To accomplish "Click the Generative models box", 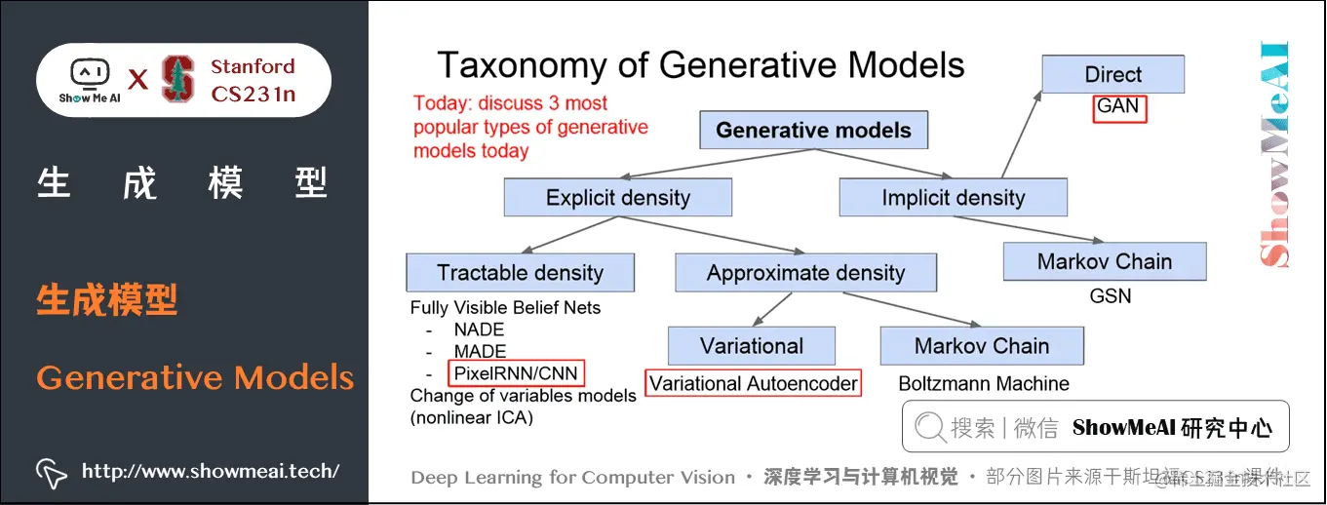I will tap(813, 131).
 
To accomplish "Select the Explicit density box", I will tap(617, 198).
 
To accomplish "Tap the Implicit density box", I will tap(953, 198).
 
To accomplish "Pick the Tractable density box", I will tap(520, 273).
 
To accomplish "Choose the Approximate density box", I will tap(805, 273).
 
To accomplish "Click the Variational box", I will tap(751, 346).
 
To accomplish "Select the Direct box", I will tap(1112, 75).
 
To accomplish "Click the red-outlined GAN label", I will tap(1118, 107).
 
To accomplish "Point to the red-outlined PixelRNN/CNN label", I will tap(516, 373).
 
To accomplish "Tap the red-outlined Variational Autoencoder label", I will tap(754, 383).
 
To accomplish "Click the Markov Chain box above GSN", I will tap(1104, 261).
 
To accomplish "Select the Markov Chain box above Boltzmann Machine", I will tap(981, 346).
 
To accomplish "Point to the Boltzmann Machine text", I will tap(983, 384).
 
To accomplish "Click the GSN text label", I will tap(1110, 295).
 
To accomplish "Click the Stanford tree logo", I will tap(177, 80).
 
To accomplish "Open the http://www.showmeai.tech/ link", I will tap(210, 472).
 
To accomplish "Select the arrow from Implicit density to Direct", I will tap(1020, 132).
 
